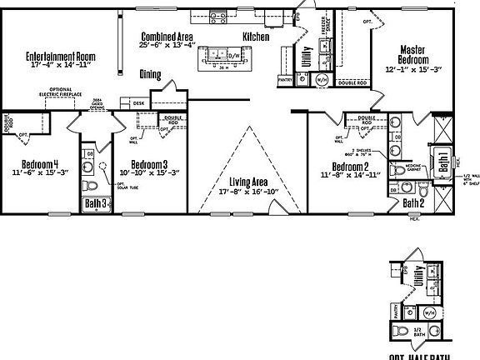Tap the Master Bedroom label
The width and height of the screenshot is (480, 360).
point(413,55)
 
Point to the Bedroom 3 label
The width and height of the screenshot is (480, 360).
point(149,164)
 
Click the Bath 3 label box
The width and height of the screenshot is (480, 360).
point(95,202)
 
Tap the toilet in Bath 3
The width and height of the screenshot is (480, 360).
point(92,185)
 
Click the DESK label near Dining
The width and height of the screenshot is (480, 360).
point(138,103)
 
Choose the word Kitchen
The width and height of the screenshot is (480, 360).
point(256,37)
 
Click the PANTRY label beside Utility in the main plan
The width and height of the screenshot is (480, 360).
point(285,81)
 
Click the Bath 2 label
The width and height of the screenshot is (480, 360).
point(413,202)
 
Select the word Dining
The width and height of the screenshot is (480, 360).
point(151,73)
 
